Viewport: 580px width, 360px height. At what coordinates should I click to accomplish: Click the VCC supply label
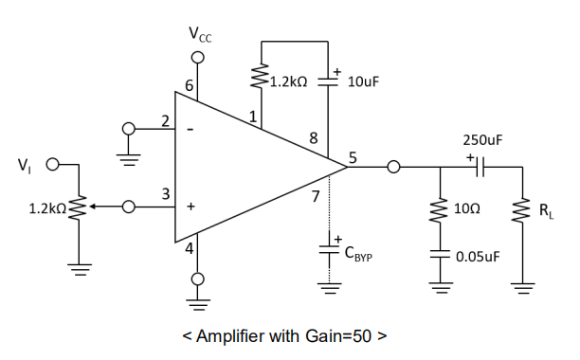pos(200,37)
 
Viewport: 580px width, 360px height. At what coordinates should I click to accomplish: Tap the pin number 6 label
pos(190,86)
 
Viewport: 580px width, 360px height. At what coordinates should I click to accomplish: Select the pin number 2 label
pos(165,120)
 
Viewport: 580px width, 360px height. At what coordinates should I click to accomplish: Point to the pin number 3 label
pos(165,193)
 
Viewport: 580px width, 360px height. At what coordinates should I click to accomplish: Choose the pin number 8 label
pos(314,137)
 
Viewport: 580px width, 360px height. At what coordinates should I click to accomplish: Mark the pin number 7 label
pos(316,197)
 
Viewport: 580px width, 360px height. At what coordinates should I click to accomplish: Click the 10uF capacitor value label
pos(363,82)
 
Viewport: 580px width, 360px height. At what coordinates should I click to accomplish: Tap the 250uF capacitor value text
pos(481,139)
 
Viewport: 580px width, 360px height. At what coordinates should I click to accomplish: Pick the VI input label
pos(24,167)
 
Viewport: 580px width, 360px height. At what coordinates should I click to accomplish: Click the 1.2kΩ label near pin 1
pos(288,82)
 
